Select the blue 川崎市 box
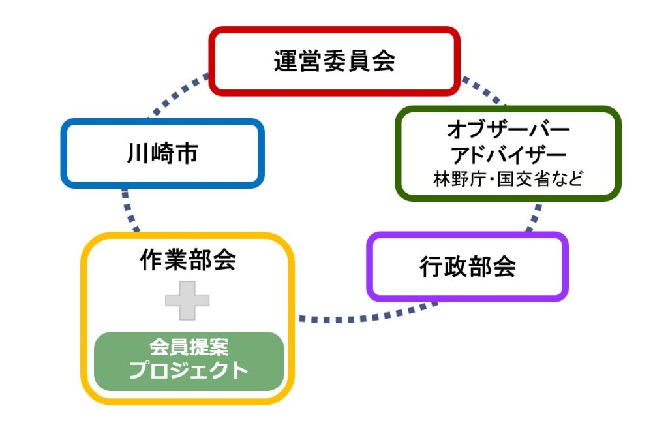[162, 121]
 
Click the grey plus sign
[187, 301]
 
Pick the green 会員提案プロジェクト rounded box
[189, 361]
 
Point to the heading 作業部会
[188, 259]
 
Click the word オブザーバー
[508, 129]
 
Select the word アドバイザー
[508, 155]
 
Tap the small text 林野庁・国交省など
[508, 179]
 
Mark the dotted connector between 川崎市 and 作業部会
[129, 210]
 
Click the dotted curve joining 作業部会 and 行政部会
[367, 316]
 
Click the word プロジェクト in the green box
[189, 370]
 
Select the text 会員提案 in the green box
[189, 347]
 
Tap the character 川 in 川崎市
[138, 153]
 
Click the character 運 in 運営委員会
[286, 61]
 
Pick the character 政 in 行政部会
[455, 266]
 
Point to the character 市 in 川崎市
[187, 153]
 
